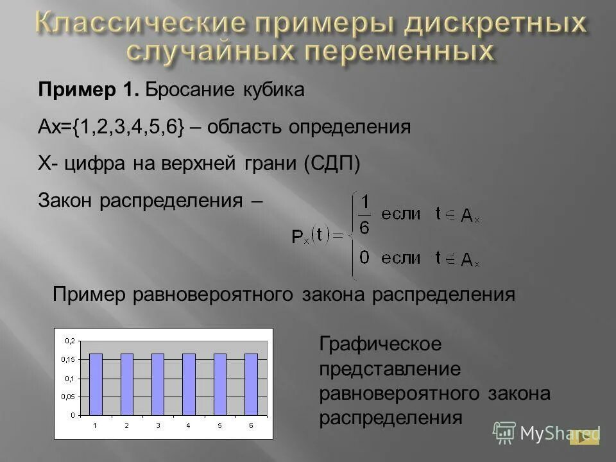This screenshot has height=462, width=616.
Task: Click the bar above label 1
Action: (x=95, y=384)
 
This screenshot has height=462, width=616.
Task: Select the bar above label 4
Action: (x=189, y=384)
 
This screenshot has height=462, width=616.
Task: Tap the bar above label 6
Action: (x=251, y=384)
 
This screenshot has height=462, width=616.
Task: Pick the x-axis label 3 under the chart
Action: (x=158, y=425)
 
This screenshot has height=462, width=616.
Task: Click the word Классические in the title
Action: (x=139, y=24)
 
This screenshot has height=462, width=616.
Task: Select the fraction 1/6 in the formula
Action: (x=364, y=216)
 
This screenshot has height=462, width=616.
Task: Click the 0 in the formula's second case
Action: (x=364, y=259)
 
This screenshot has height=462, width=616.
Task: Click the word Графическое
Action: (x=381, y=344)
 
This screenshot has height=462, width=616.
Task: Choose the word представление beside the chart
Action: (x=389, y=369)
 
